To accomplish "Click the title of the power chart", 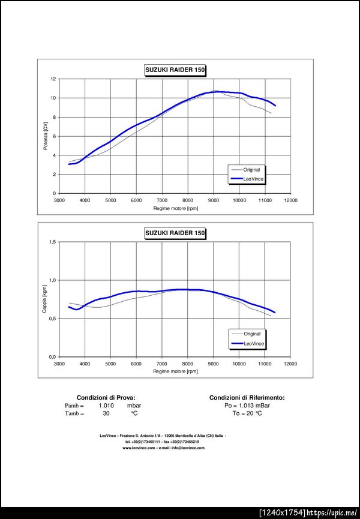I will coord(175,70).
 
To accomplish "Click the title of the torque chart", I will coord(175,233).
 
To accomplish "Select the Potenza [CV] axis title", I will coord(45,136).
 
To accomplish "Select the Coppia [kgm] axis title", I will coord(45,299).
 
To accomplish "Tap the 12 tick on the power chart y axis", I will coord(53,79).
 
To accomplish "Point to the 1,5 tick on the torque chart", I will coord(52,242).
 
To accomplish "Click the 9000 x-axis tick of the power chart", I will coord(214,200).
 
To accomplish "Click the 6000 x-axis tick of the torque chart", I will coord(136,364).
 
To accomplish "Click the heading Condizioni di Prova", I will coord(106,398).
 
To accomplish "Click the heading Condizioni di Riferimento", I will coord(247,398).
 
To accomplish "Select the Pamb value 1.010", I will coord(106,406).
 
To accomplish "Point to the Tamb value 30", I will coord(106,413).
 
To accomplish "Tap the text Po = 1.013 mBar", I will coord(247,406).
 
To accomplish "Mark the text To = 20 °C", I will coord(247,413).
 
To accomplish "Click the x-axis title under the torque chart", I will coord(175,371).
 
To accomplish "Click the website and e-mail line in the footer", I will coord(163,448).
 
